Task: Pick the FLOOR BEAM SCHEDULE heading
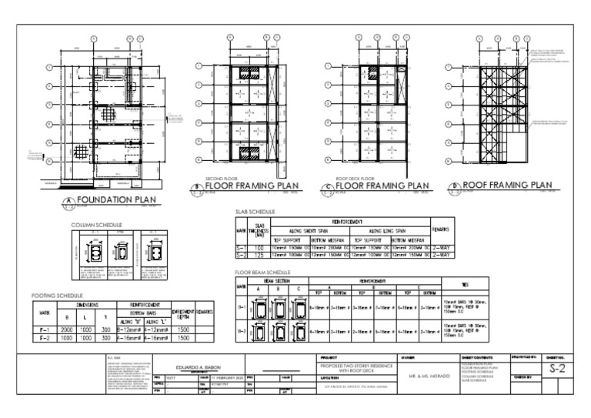coord(262,273)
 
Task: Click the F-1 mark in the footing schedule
coord(45,327)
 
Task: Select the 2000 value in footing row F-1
coord(67,327)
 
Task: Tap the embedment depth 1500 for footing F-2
coord(182,336)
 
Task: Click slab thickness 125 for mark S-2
coord(259,256)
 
